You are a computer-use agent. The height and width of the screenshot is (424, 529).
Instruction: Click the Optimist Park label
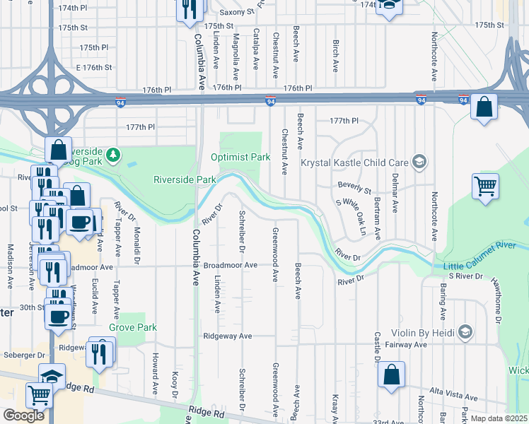click(240, 157)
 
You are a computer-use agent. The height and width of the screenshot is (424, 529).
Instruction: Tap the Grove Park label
click(132, 328)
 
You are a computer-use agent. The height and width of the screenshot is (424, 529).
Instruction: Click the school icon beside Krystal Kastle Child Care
click(420, 163)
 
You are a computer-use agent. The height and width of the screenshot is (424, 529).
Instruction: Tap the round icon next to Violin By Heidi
click(465, 331)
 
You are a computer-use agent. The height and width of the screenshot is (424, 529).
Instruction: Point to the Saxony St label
click(236, 12)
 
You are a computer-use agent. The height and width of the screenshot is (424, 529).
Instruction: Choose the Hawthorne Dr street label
click(498, 300)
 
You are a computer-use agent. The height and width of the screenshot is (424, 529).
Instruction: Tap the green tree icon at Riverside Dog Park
click(112, 153)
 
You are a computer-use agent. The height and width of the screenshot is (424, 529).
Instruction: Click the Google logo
click(24, 416)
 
